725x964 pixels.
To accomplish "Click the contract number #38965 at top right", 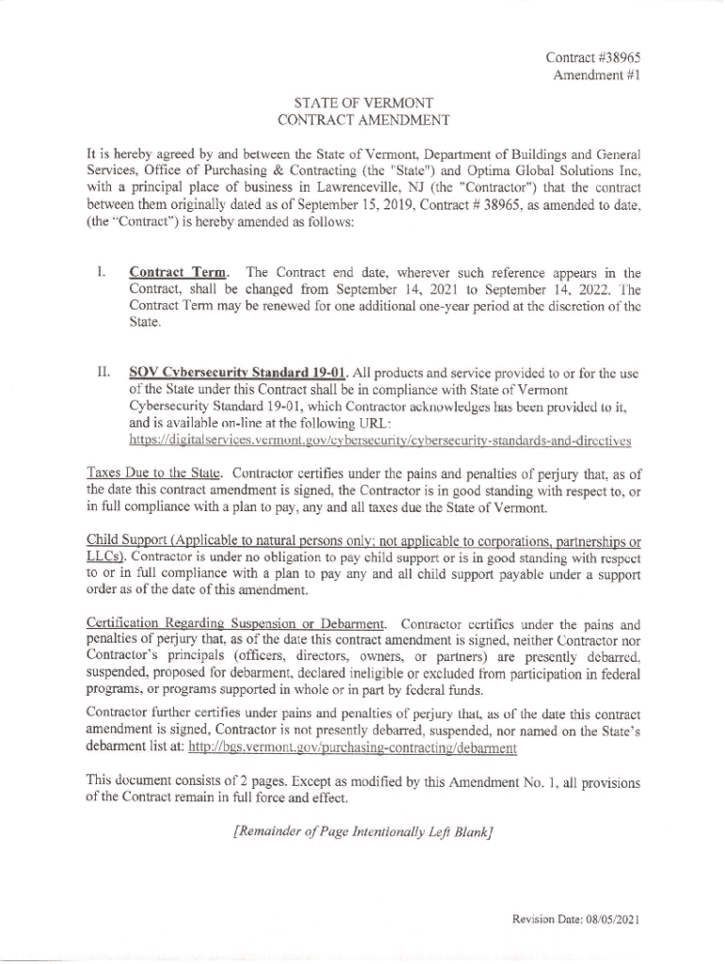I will (x=594, y=57).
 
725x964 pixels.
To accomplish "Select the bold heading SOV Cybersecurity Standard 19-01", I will (x=233, y=371).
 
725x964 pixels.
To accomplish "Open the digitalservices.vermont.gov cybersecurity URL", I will (x=379, y=440).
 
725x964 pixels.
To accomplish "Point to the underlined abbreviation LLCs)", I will (x=101, y=557).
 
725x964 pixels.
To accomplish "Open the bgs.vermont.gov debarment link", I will (x=352, y=748).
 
